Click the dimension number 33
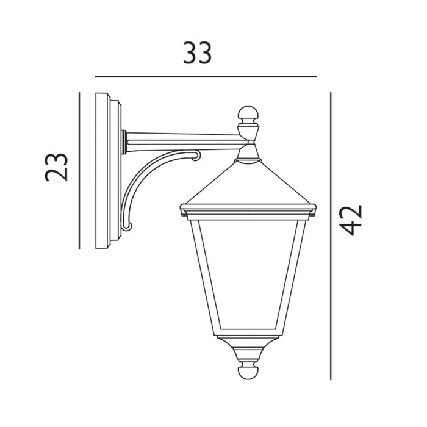click(x=198, y=54)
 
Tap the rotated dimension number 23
click(x=57, y=167)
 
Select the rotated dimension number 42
click(x=352, y=220)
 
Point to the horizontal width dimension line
click(x=206, y=77)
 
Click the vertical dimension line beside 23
click(x=79, y=171)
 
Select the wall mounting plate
click(x=109, y=170)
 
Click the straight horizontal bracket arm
click(x=183, y=140)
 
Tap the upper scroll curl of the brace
click(x=196, y=157)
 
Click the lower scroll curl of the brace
click(x=127, y=228)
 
